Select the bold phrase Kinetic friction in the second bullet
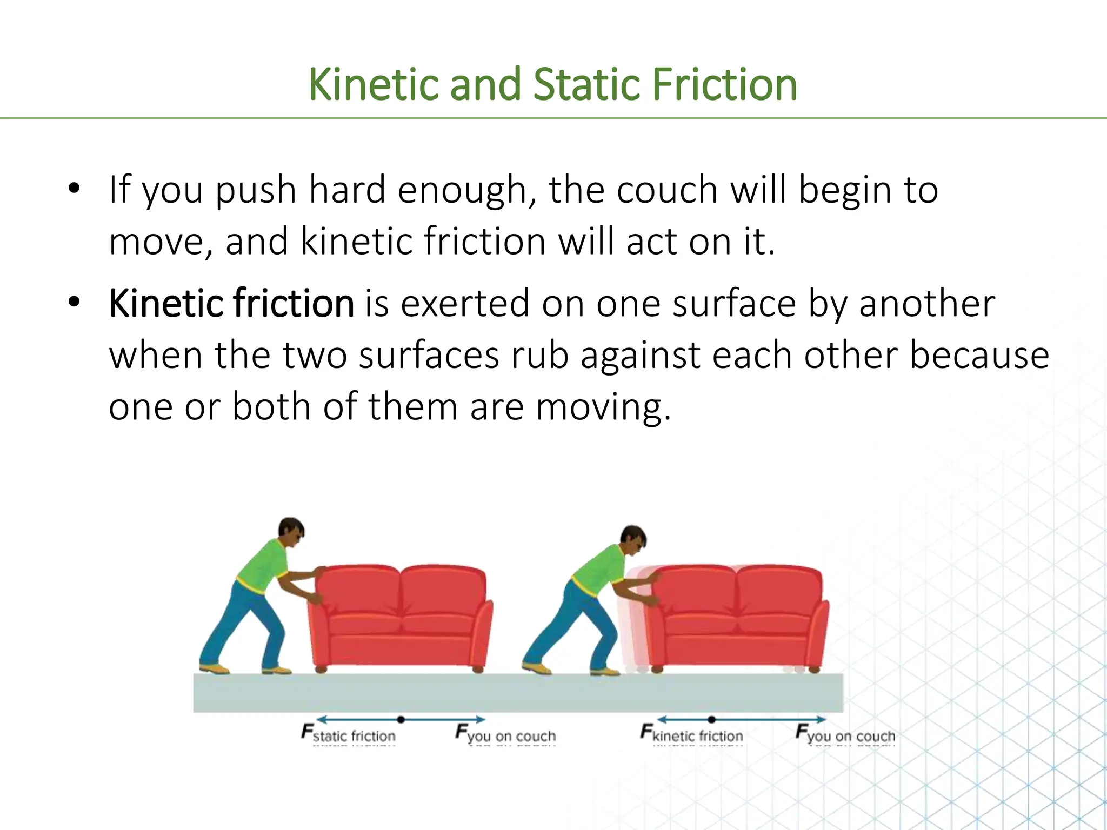tap(231, 304)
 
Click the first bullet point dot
tap(74, 189)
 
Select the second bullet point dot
tap(74, 302)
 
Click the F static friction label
tap(349, 734)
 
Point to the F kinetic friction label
tap(692, 734)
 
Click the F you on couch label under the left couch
tap(505, 734)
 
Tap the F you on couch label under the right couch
tap(845, 734)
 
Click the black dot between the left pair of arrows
tap(401, 719)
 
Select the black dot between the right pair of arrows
tap(712, 719)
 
